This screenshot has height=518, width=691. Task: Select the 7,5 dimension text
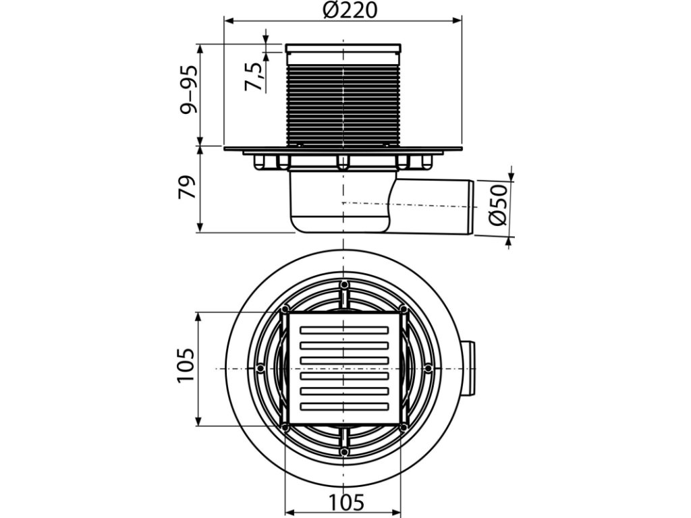[254, 77]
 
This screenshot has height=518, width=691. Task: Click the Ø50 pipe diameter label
[499, 205]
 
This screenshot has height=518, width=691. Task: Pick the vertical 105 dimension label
[186, 366]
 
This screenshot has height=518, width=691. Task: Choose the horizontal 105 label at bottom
[347, 502]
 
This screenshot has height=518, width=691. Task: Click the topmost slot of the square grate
[343, 329]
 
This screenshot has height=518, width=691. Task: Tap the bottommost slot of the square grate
[343, 406]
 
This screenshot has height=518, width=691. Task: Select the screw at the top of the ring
[344, 284]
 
